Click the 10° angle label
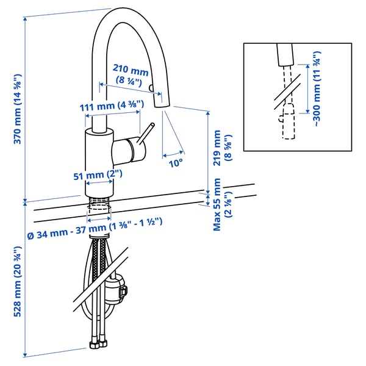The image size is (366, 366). [176, 163]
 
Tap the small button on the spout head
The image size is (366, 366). [150, 90]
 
